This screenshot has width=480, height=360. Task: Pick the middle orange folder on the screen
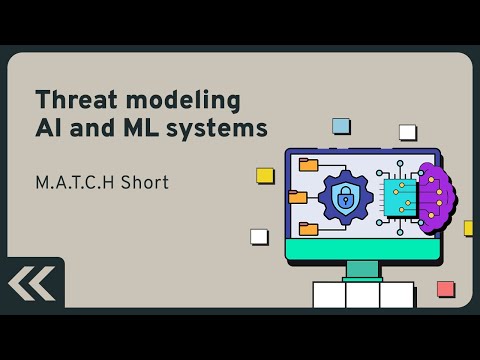[298, 197]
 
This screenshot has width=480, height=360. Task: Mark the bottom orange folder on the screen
[308, 229]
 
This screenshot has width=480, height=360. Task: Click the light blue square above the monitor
[341, 126]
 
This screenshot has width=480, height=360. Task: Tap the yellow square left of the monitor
[265, 175]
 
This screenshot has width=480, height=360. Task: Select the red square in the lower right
[446, 289]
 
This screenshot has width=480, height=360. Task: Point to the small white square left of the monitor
[259, 237]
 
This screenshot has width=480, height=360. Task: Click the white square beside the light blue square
[407, 132]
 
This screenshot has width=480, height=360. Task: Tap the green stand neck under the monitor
[363, 270]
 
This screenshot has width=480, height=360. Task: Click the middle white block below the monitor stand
[363, 295]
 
